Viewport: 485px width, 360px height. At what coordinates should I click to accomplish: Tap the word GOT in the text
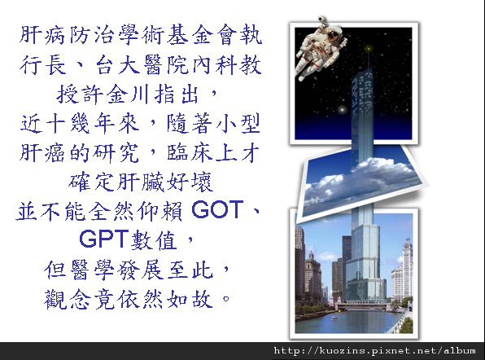[x=217, y=210]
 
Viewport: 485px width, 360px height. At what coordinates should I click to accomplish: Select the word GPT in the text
[x=104, y=239]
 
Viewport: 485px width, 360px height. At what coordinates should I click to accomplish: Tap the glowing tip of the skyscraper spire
[x=369, y=49]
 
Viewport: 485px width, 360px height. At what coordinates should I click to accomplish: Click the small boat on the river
[x=334, y=317]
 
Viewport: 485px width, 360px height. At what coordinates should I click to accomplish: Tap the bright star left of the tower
[x=342, y=109]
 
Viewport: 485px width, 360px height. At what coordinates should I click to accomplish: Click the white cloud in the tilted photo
[x=362, y=178]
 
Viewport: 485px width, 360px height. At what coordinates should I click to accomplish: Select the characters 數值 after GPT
[x=154, y=240]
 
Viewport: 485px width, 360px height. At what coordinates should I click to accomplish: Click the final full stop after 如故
[x=225, y=298]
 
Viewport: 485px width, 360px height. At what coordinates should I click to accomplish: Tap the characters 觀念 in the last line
[x=68, y=300]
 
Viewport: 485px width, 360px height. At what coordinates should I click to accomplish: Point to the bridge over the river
[x=362, y=305]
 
